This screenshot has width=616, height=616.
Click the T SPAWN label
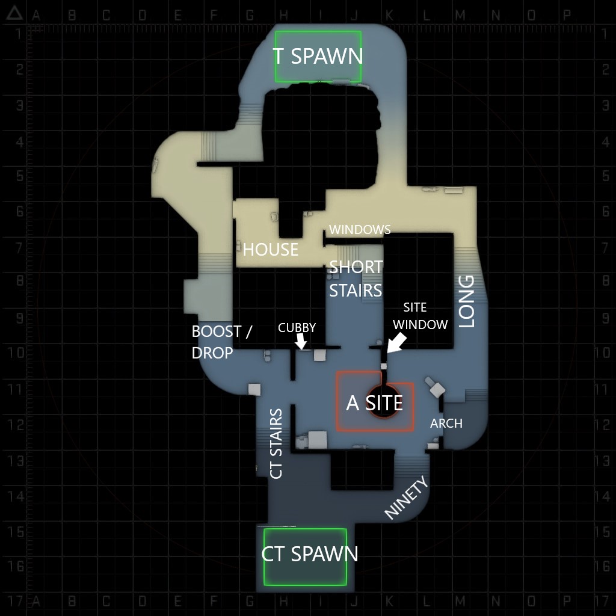coord(318,56)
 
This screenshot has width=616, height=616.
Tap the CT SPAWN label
coord(309,554)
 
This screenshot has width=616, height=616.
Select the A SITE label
coord(374,403)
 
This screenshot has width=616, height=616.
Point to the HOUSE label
coord(270,249)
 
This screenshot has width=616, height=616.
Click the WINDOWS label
coord(360,229)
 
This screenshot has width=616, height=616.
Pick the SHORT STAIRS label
coord(356,279)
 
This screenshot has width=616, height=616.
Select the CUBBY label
coord(297,328)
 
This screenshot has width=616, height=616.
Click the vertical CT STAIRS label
coord(276,444)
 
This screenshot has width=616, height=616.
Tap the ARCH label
coord(446,423)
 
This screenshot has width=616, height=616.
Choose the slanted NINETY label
coord(407,497)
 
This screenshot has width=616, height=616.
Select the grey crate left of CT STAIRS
coord(254,389)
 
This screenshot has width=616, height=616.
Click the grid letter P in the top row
coord(566,15)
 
